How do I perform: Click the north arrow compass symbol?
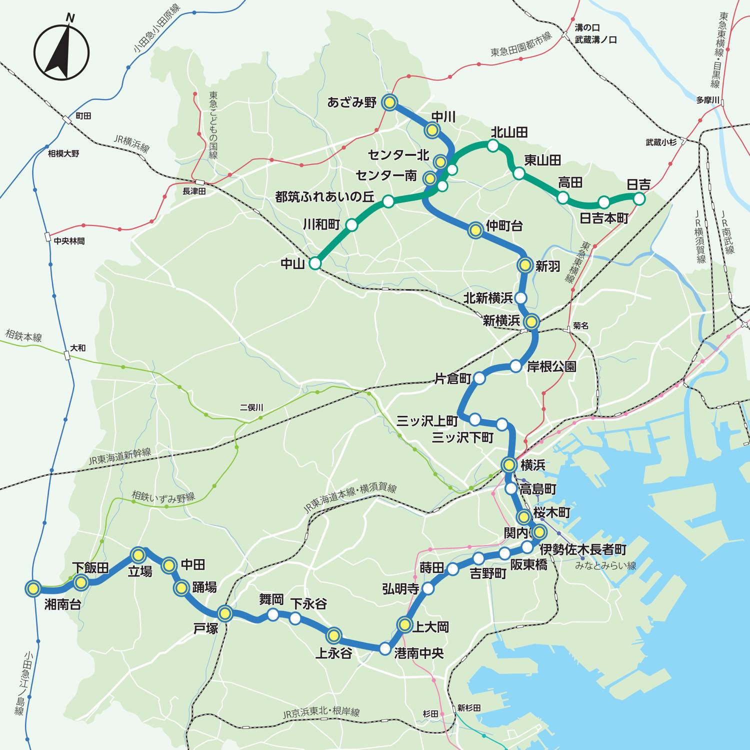pos(61,52)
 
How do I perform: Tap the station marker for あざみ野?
pos(389,102)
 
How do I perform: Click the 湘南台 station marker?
pos(33,589)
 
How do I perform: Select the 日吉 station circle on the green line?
pos(639,199)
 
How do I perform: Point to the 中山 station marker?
pos(315,263)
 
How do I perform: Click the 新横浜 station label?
pos(501,321)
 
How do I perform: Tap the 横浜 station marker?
pos(509,464)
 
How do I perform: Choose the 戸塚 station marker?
pos(225,613)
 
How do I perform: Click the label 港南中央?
pos(419,653)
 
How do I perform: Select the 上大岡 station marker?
pos(404,624)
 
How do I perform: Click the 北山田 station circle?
pos(493,145)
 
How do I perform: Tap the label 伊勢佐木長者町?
pos(582,549)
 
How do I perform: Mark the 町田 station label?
pos(83,116)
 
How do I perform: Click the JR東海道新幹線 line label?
pos(119,456)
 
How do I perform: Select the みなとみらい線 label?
pos(605,565)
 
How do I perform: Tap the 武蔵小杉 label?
pos(660,142)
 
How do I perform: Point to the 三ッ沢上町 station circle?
pos(475,418)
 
